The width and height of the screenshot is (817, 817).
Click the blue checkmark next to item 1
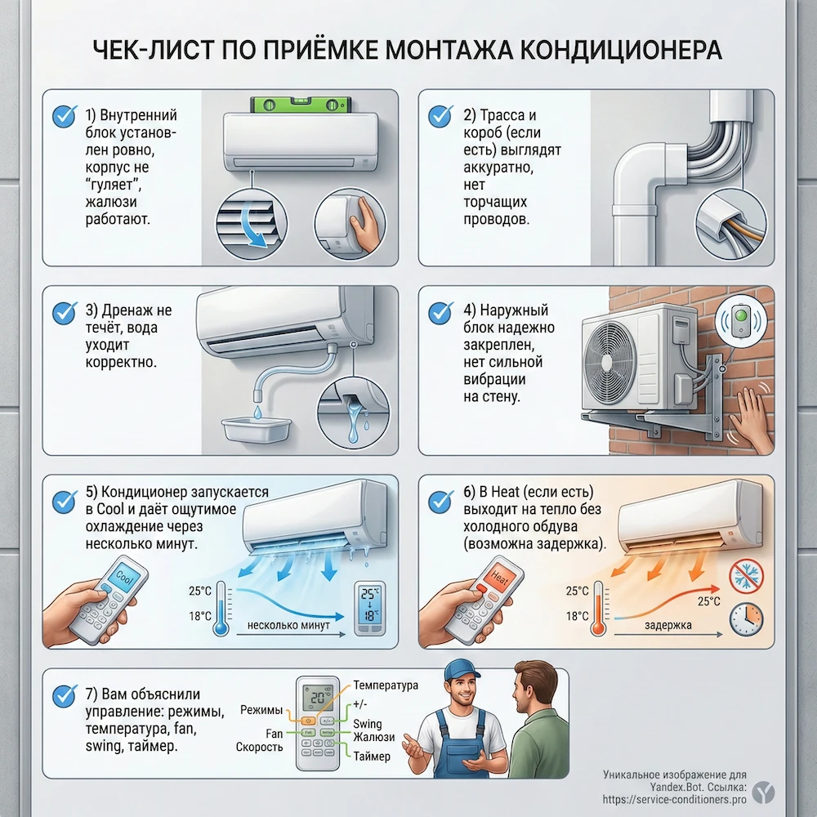(64, 116)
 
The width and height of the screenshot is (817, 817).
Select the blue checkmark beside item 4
(440, 312)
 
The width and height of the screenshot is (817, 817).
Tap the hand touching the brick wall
(749, 417)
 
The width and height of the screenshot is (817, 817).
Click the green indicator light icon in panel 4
(741, 319)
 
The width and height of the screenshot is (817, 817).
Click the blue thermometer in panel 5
(221, 611)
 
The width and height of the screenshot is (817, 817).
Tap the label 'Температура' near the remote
(385, 685)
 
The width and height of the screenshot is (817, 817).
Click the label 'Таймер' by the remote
(372, 757)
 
